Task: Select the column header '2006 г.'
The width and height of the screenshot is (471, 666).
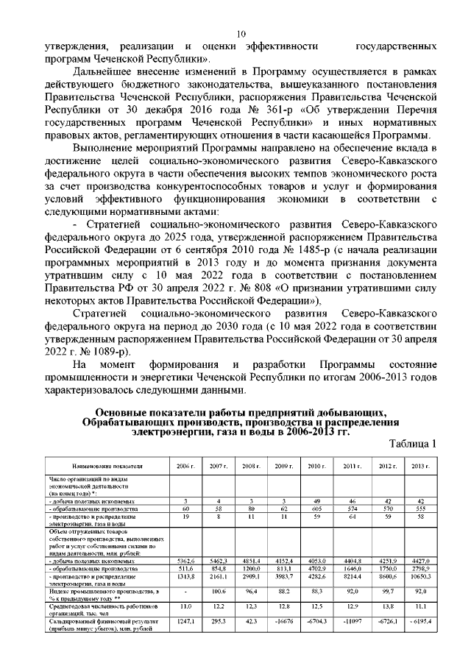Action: click(x=184, y=467)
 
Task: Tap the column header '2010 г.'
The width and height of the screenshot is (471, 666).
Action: click(x=316, y=467)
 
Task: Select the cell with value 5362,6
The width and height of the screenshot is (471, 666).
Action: click(x=184, y=561)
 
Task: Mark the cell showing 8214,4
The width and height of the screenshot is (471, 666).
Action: click(x=350, y=577)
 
